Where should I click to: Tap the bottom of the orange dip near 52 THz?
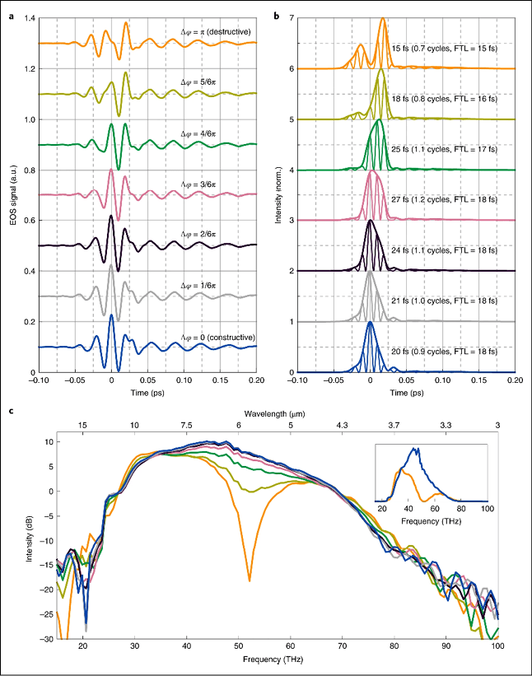click(x=249, y=581)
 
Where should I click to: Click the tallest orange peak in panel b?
click(x=383, y=19)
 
